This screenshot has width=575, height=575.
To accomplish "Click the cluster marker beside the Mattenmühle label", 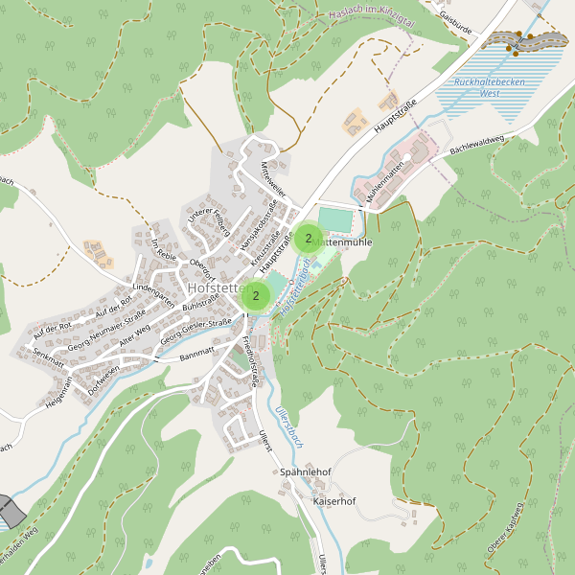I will point(309,238).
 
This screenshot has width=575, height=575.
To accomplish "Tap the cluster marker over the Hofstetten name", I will point(256,295).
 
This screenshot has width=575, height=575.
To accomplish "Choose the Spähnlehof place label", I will point(306,472).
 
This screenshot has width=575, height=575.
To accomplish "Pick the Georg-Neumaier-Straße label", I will point(105,324).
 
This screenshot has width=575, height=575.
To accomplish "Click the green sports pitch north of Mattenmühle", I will point(334,219).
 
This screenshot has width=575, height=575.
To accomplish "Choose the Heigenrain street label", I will point(55,393).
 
